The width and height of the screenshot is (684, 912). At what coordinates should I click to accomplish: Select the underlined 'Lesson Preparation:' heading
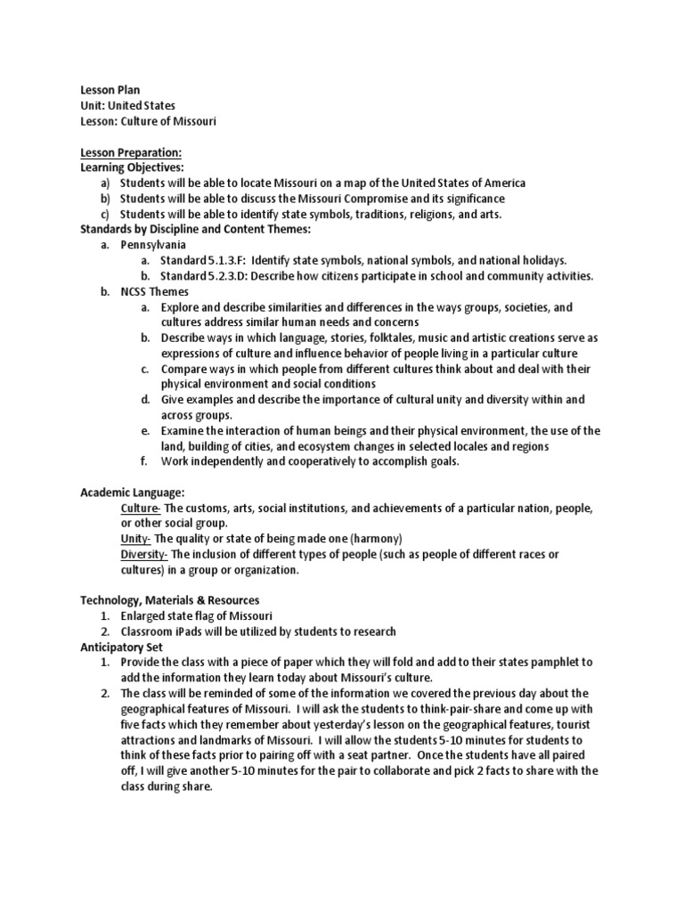point(131,152)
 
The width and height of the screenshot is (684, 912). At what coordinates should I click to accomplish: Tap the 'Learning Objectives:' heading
point(132,167)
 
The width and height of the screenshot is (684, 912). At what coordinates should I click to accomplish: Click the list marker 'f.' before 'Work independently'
point(144,461)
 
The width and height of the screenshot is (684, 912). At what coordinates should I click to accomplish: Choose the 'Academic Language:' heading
point(133,492)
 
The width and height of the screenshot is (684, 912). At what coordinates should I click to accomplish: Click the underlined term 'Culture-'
point(140,508)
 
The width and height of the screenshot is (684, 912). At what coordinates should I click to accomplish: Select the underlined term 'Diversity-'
point(144,554)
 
